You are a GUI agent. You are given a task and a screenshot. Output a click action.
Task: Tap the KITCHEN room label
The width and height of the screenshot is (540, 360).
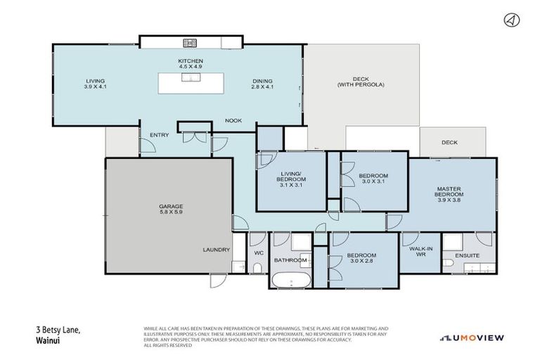[x=190, y=65]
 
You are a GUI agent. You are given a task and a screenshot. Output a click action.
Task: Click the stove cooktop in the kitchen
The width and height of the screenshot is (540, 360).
[x=191, y=42]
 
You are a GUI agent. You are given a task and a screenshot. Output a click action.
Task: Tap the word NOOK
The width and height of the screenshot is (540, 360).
[x=233, y=120]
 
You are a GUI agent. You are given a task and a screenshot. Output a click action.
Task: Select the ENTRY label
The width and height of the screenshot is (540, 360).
[x=159, y=135]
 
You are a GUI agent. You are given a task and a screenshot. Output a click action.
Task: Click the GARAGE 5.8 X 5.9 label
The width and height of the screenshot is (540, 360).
[x=170, y=210]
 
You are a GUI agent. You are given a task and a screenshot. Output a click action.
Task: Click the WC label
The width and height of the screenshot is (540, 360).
[x=257, y=252]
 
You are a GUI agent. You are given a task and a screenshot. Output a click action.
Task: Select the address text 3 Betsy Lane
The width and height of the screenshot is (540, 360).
[x=60, y=329]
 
